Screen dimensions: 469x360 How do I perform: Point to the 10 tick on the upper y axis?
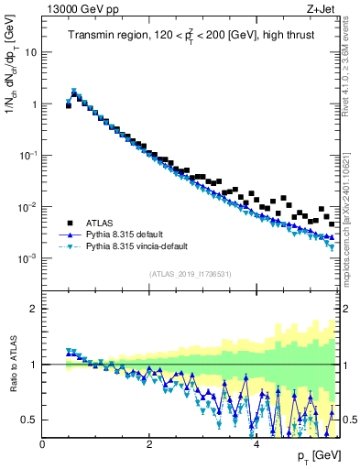[x=32, y=52]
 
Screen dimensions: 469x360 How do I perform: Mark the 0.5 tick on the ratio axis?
[x=30, y=420]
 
